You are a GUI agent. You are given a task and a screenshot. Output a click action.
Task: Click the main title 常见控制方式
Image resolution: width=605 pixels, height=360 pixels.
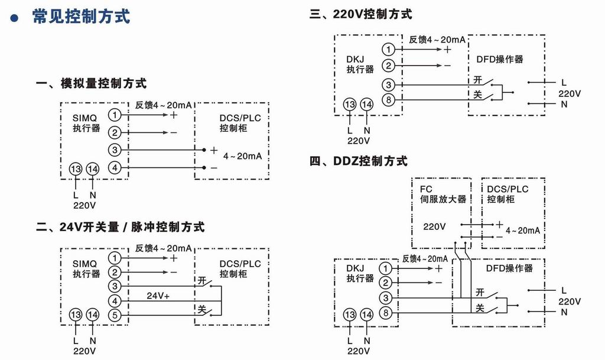(81, 16)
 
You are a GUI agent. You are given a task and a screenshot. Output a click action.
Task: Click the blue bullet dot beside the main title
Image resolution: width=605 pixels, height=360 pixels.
(15, 17)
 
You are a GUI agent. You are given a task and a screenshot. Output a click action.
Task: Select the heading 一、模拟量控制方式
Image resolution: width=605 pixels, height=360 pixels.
(92, 83)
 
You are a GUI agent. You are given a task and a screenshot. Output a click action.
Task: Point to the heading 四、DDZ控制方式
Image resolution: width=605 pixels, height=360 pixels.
(359, 161)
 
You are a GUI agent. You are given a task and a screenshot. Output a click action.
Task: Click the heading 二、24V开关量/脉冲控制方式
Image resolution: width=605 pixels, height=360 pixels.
(121, 226)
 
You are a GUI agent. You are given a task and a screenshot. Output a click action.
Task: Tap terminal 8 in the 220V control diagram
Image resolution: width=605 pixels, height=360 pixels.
(388, 99)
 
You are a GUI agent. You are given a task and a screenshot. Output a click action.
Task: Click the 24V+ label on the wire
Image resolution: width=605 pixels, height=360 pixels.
(158, 295)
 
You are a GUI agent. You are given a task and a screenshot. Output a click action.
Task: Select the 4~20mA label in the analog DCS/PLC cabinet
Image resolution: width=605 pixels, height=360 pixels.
(242, 155)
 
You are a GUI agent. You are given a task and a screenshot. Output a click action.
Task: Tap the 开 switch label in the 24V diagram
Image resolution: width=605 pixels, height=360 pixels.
(203, 281)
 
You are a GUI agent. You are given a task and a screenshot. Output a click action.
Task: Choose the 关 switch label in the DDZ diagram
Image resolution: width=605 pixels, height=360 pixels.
(480, 308)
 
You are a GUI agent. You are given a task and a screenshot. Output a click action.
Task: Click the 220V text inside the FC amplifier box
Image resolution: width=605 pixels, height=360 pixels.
(434, 226)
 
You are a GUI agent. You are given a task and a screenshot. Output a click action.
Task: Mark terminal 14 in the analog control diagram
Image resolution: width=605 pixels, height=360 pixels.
(92, 168)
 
